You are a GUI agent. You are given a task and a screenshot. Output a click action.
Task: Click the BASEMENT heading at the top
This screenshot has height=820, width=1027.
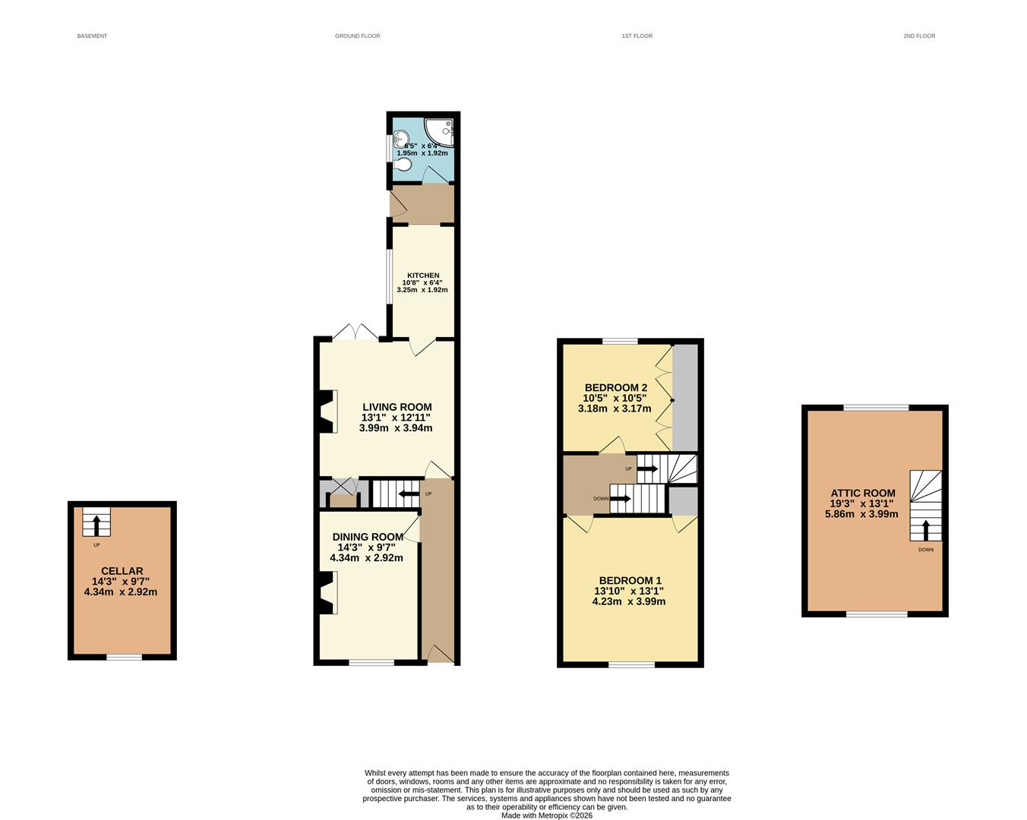tap(92, 36)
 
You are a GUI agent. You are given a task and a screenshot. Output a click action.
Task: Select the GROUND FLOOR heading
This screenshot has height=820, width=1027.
tap(357, 36)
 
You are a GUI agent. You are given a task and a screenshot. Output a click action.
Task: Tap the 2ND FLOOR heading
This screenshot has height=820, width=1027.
tap(919, 36)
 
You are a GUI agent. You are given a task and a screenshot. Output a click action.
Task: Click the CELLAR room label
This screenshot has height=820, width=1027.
tap(122, 571)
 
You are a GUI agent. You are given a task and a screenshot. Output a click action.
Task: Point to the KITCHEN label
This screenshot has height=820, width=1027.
tap(423, 276)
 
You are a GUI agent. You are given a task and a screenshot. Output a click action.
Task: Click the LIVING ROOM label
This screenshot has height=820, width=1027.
tap(397, 407)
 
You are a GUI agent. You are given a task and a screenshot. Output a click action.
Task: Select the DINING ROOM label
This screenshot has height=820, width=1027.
tap(368, 537)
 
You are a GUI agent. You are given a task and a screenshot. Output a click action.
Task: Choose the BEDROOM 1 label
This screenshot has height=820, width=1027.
tap(630, 580)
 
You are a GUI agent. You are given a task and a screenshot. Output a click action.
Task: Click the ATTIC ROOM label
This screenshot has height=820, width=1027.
tap(863, 493)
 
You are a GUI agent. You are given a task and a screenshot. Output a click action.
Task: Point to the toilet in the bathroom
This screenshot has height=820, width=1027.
tap(404, 164)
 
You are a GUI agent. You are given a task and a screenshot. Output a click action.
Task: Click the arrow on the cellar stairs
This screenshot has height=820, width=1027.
tap(96, 525)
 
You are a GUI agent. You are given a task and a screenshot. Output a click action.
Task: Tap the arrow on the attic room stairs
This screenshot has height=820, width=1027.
tap(925, 529)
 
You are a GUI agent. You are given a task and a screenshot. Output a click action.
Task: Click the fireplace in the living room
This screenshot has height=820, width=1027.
tap(327, 411)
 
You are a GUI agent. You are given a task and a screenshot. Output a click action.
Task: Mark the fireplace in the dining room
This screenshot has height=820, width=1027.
tap(327, 593)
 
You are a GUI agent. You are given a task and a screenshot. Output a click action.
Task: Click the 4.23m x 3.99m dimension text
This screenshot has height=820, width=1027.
tap(628, 601)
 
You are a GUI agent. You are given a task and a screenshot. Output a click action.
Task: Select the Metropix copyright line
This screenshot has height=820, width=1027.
tap(547, 815)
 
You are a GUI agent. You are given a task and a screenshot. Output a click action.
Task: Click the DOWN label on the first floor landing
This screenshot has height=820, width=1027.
tap(600, 499)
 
